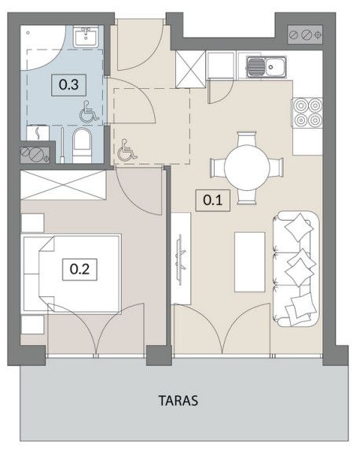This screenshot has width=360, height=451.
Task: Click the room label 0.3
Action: pyautogui.click(x=68, y=85)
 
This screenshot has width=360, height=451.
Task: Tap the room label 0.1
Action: pyautogui.click(x=213, y=200)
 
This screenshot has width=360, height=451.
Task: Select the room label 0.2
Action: pyautogui.click(x=79, y=269)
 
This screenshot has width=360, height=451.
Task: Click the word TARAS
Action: pyautogui.click(x=178, y=401)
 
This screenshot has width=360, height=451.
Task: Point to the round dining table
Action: pyautogui.click(x=247, y=167)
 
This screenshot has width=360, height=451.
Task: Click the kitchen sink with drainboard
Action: pyautogui.click(x=266, y=67)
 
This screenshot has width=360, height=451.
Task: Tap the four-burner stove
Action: pyautogui.click(x=307, y=112)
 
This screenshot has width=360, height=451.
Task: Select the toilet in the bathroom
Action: pyautogui.click(x=82, y=145)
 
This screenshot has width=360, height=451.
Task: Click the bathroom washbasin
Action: pyautogui.click(x=86, y=36)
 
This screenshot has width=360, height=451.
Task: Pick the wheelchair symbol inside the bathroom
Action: pyautogui.click(x=89, y=111)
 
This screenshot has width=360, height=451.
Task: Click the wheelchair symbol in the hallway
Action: pyautogui.click(x=127, y=149)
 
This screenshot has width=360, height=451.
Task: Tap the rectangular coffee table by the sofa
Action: pyautogui.click(x=249, y=262)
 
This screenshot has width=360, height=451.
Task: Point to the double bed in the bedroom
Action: pyautogui.click(x=72, y=273)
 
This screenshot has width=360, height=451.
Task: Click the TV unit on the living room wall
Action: pyautogui.click(x=182, y=258)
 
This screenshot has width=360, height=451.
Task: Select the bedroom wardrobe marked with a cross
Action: pyautogui.click(x=64, y=185)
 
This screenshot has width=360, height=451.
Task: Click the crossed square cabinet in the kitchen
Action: pyautogui.click(x=190, y=69)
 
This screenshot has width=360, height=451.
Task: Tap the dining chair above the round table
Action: pyautogui.click(x=247, y=138)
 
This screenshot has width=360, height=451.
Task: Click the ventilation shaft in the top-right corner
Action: pyautogui.click(x=305, y=35)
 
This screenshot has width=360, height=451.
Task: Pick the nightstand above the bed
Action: pyautogui.click(x=32, y=222)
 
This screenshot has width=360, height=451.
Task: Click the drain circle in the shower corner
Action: pyautogui.click(x=28, y=33)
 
